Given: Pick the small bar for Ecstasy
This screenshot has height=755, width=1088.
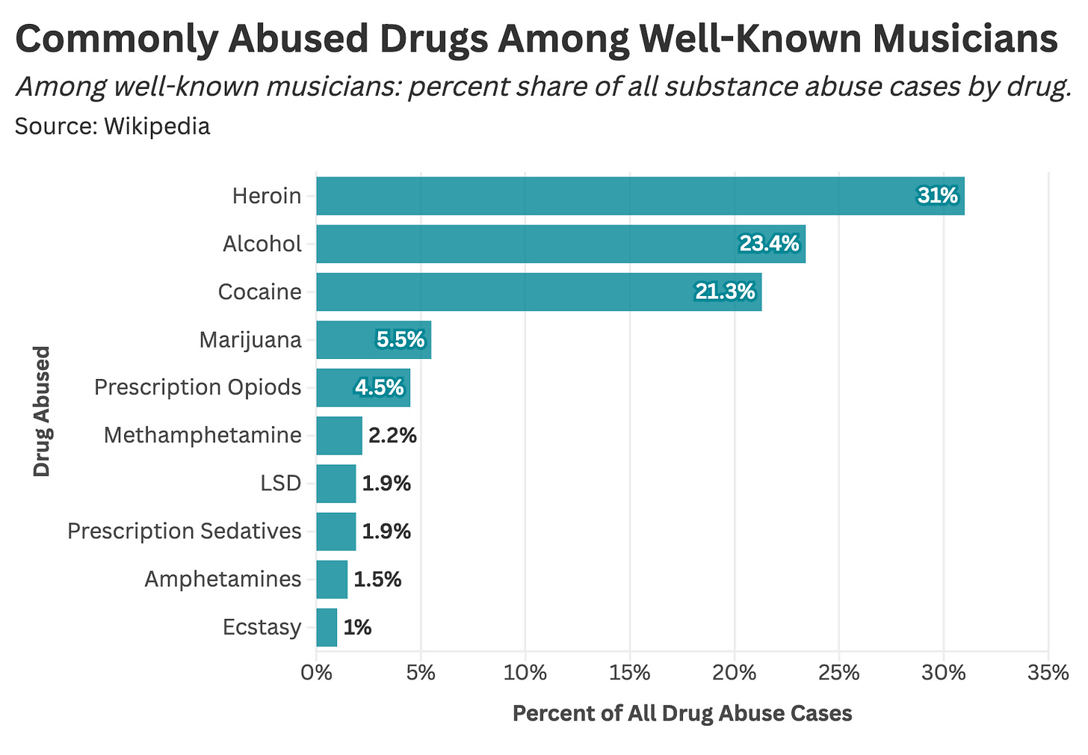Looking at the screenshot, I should point(327,627).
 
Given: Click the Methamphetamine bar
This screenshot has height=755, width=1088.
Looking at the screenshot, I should point(339,435).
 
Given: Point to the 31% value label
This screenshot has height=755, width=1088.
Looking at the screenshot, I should point(937,196).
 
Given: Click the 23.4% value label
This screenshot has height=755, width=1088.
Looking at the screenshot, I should point(769,244).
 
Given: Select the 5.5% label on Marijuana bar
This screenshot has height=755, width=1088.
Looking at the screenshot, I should point(401,340).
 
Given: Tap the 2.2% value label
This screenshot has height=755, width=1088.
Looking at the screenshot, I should point(392,435).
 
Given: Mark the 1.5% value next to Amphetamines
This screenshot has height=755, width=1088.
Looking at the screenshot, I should point(377,579).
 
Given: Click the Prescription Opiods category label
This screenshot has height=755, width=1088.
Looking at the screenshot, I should point(198,387).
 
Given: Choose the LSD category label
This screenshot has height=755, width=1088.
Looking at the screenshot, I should point(281,484).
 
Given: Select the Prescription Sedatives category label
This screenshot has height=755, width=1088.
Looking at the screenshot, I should point(185,531).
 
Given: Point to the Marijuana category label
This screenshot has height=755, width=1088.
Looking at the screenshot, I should point(250,340).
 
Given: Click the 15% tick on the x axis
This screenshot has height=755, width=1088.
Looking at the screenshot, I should point(629,673).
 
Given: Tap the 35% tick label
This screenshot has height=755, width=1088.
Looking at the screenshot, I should point(1048,673).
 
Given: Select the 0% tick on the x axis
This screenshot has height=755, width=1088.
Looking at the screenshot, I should point(316,673).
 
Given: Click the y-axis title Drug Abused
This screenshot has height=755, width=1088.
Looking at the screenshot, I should point(42,410).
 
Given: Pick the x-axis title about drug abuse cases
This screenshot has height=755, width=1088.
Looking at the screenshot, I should point(681,713).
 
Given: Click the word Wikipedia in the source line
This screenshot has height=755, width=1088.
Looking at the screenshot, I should point(157,126).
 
